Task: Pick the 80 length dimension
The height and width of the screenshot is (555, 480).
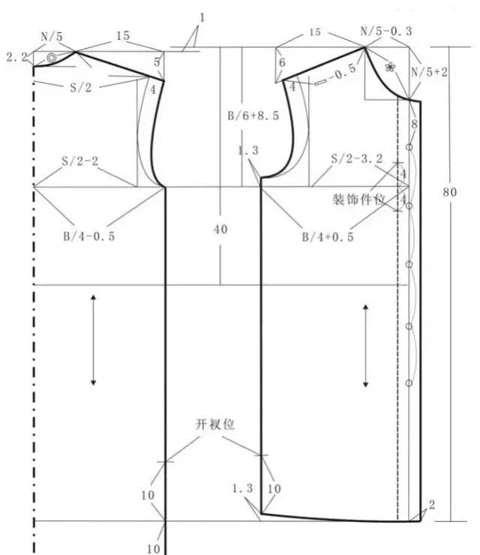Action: tap(449, 192)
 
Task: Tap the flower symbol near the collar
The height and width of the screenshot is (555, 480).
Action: tap(389, 66)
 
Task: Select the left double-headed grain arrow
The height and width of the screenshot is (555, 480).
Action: tap(93, 340)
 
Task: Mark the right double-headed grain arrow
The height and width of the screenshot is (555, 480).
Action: tap(366, 345)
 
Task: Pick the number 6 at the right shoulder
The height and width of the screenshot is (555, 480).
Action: tap(282, 64)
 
